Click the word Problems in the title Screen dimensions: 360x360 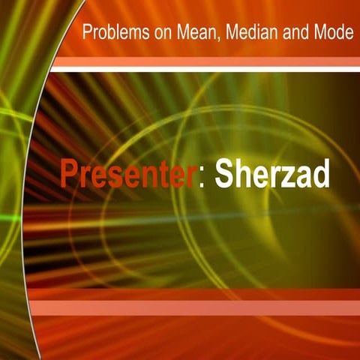coord(111,34)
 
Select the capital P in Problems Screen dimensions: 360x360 coord(87,34)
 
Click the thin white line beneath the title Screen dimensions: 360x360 coord(202,69)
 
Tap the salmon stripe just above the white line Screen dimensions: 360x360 coord(202,61)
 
